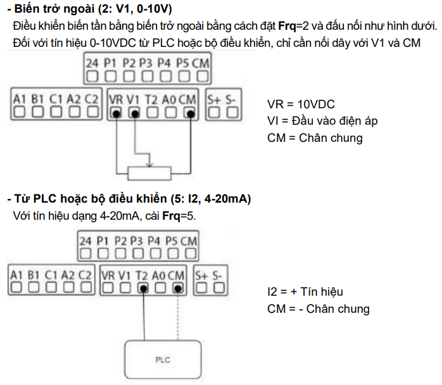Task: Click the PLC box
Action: point(164,360)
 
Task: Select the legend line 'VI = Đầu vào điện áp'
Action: point(323,121)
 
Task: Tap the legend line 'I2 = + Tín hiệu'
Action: point(305,292)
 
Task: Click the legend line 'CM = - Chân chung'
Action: point(319,309)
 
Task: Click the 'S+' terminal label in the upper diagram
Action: point(214,99)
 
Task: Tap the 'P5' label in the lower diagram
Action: point(171,241)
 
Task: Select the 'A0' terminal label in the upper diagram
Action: point(169,99)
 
